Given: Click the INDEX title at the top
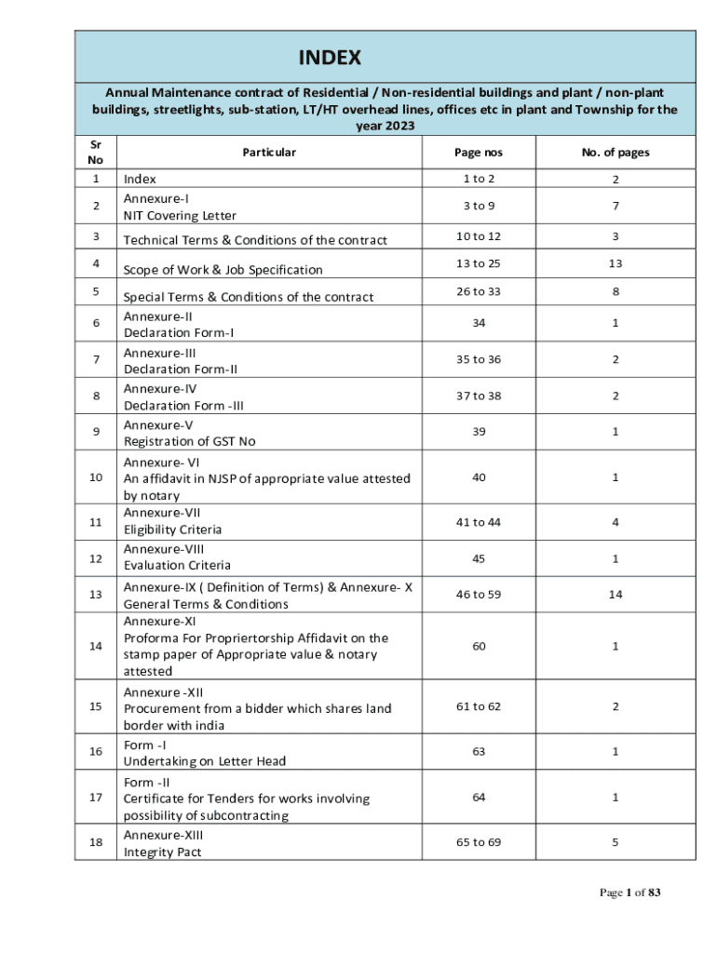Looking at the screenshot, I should [x=329, y=59].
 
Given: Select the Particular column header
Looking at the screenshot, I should [x=269, y=152].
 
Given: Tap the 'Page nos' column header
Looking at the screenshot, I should [x=478, y=152].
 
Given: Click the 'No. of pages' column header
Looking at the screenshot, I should [x=616, y=152].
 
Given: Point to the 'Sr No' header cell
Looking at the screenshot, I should [x=96, y=152].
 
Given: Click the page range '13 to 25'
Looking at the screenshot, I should [x=478, y=263].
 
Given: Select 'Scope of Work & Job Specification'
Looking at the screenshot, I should [x=223, y=270].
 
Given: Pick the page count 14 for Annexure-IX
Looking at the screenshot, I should [x=616, y=594].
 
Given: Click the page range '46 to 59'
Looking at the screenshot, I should [x=478, y=594].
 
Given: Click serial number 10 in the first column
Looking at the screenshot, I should [x=96, y=477].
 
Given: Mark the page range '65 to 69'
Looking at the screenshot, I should [x=478, y=842].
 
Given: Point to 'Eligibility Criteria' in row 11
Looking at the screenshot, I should [x=173, y=530].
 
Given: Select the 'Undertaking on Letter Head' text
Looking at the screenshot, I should [x=205, y=761].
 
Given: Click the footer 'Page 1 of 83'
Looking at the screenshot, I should [x=630, y=893].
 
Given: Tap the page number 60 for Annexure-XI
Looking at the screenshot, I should [x=478, y=646].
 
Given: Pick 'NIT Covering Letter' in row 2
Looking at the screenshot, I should [x=180, y=216].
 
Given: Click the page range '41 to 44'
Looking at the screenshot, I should [x=478, y=522].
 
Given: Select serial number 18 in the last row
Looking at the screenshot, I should [x=96, y=842].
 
